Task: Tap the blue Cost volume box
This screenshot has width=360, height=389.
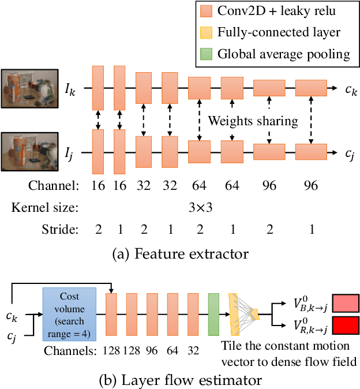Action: tap(69, 315)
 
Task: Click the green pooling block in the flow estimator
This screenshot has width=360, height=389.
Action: tap(213, 315)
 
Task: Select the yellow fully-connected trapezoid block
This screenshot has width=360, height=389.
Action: tap(234, 315)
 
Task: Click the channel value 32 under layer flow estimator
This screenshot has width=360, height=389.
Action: tap(194, 350)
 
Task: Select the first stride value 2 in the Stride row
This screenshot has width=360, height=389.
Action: tap(98, 229)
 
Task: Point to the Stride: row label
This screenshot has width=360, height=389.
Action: tap(60, 229)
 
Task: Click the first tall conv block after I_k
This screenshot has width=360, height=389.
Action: tap(98, 88)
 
